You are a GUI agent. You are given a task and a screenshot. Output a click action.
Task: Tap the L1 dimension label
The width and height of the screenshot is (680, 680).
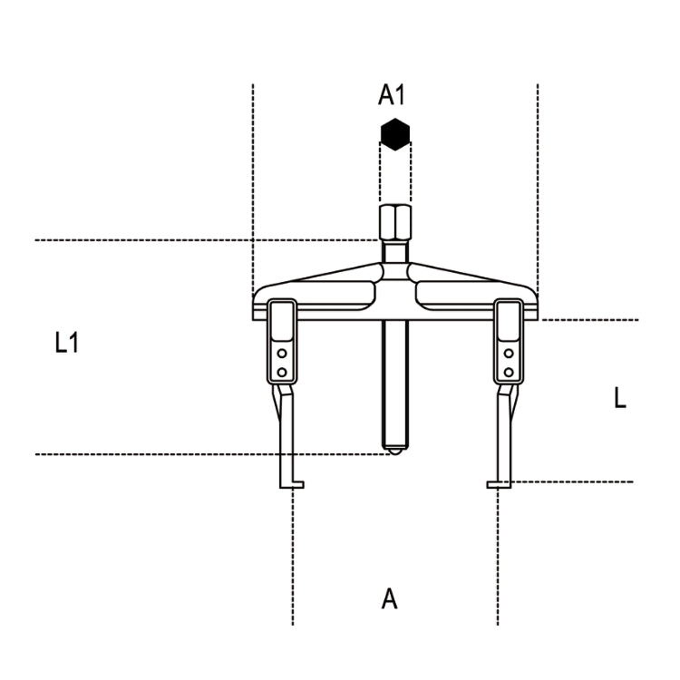click(66, 343)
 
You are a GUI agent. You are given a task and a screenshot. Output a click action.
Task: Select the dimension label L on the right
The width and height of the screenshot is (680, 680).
click(620, 397)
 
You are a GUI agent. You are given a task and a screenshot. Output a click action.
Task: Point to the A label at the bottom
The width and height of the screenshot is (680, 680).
click(389, 598)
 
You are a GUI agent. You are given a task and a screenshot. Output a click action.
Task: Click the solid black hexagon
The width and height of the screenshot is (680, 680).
click(395, 134)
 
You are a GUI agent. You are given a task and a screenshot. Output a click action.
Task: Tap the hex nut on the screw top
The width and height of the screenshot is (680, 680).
click(395, 221)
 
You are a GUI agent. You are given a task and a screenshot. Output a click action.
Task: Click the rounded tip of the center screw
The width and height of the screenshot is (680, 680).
click(394, 447)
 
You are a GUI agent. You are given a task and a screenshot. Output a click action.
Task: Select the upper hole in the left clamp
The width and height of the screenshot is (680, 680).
click(282, 354)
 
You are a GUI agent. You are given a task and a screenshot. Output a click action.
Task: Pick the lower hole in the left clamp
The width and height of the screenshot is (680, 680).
click(282, 371)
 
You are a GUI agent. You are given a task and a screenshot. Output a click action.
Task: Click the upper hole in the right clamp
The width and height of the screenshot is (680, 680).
click(509, 354)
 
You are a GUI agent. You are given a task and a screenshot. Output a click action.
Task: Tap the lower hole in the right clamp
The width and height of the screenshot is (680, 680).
click(509, 371)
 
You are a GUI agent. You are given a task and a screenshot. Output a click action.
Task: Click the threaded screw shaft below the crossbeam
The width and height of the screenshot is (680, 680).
click(394, 381)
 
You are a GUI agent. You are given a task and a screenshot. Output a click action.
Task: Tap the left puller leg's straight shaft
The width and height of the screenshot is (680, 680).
click(287, 435)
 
